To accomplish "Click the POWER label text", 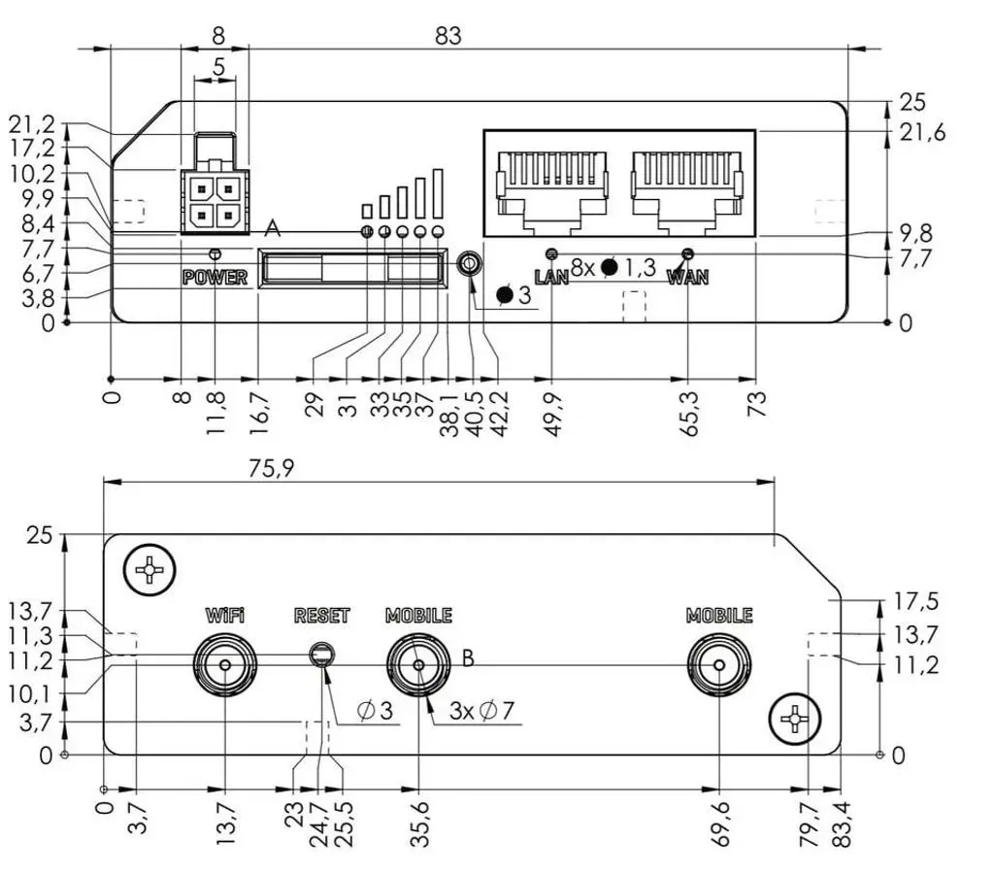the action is point(215,277).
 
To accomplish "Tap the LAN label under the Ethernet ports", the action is point(551,277).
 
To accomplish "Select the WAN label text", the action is point(688,277).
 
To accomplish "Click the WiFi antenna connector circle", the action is point(225,664).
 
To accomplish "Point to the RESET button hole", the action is point(322,655).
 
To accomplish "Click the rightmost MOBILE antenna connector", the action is point(719,664).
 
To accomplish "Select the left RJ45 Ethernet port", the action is point(552,190).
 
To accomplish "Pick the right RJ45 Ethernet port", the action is point(687,190).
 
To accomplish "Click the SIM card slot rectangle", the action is point(352,268).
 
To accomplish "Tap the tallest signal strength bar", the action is point(438,194).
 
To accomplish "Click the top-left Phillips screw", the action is point(149,570).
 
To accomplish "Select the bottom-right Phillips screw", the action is point(794,719).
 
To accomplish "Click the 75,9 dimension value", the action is point(272,468).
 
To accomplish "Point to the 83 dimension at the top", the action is point(447,36).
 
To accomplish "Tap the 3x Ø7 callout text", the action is point(481,711).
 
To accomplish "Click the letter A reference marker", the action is point(272,227).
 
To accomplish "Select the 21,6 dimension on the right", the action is point(922,132).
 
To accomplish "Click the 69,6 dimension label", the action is point(720,823).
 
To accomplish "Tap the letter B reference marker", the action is point(468,658).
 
